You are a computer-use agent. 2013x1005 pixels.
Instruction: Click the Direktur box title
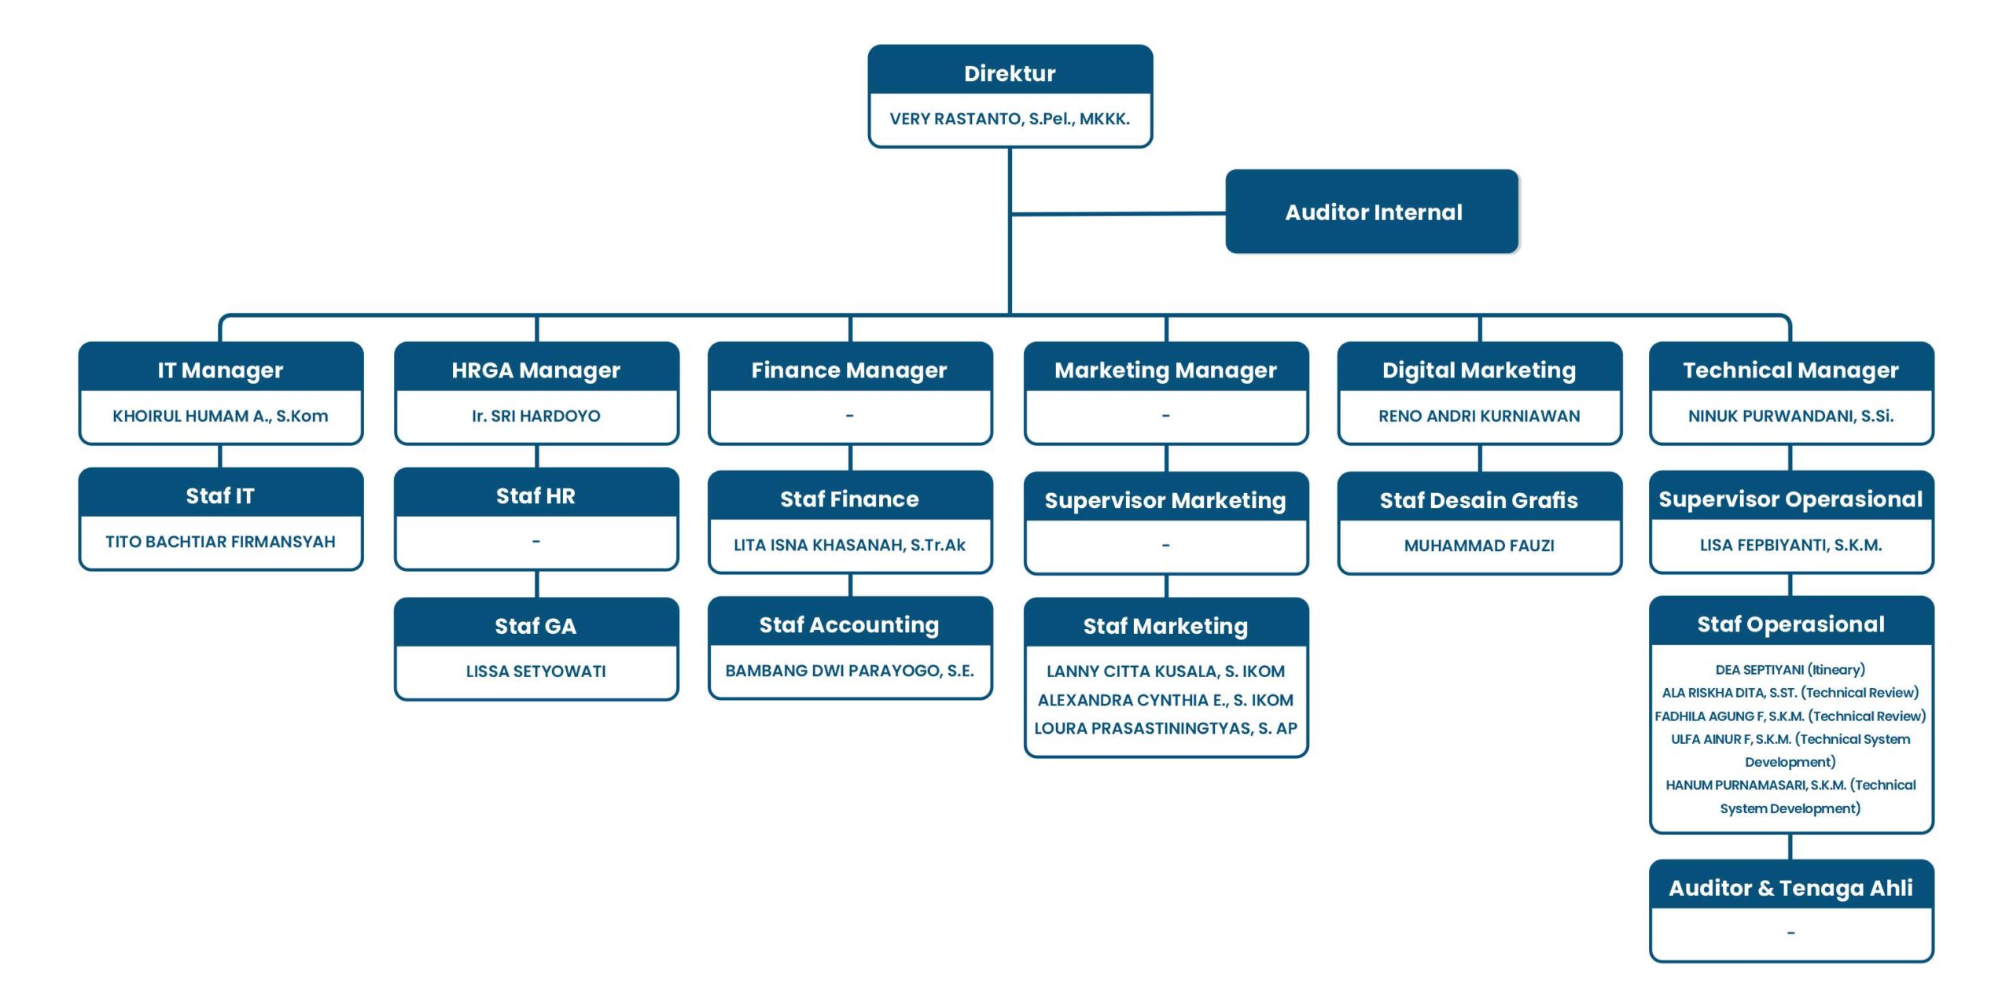tap(1010, 73)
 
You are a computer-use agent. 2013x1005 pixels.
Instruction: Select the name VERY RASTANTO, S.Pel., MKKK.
tap(1010, 119)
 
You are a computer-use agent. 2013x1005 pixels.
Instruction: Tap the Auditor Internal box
tap(1372, 212)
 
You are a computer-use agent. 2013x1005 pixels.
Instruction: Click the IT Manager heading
tap(220, 370)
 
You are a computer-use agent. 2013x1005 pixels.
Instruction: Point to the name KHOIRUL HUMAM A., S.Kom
tap(220, 416)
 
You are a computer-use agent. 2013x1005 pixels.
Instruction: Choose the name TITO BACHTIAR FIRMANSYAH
tap(220, 542)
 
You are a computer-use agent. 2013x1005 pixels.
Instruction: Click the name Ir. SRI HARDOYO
tap(535, 416)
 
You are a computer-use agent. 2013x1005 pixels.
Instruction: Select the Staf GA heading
tap(535, 626)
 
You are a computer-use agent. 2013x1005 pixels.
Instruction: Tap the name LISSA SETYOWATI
tap(535, 672)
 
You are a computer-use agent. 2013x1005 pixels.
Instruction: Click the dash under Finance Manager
tap(849, 415)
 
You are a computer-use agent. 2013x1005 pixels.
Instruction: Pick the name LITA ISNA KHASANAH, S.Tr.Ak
tap(849, 545)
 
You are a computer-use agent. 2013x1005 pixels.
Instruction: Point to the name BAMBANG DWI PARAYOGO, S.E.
tap(849, 671)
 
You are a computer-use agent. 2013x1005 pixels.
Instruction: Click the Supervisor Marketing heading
tap(1165, 500)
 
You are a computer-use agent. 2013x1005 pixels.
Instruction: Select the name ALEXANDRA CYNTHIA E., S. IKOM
tap(1165, 700)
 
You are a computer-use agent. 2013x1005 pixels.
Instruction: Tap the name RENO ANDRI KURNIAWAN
tap(1479, 416)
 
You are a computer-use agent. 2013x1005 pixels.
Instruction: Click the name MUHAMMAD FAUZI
tap(1479, 546)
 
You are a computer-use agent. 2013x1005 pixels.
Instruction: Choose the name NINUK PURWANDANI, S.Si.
tap(1790, 416)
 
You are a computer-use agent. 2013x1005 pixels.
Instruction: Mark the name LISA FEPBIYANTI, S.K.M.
tap(1790, 545)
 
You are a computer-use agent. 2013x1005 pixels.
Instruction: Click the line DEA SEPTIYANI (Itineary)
tap(1790, 670)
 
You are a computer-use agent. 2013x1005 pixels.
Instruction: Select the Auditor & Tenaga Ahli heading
tap(1790, 888)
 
